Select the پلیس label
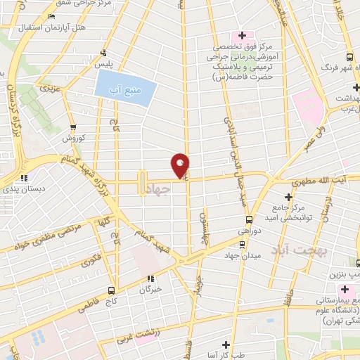(105, 64)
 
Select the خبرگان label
(150, 288)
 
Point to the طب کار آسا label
(227, 355)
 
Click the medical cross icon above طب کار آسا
(226, 345)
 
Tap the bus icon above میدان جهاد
(243, 244)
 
